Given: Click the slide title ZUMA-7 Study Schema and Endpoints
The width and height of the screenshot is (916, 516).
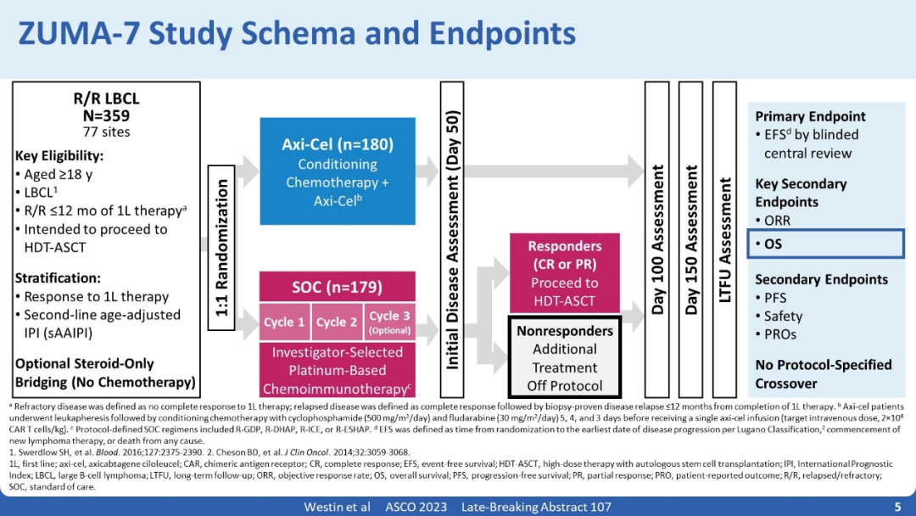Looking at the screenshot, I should coord(297,34).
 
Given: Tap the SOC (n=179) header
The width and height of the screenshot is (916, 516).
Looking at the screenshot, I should coord(337,287).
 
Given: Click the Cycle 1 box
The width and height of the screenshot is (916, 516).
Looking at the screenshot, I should coord(284,322).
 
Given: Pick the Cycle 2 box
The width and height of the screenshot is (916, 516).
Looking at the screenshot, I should coord(337,322).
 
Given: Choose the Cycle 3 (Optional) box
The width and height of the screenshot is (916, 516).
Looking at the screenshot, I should coord(389,322).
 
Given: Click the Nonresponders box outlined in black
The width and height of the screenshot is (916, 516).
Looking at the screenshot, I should coord(565,356).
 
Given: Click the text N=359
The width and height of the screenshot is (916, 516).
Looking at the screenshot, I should coord(107,115).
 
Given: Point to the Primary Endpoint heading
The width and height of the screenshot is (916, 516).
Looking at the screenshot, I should coord(810,116).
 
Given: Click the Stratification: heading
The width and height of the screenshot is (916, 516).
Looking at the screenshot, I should coord(58,278).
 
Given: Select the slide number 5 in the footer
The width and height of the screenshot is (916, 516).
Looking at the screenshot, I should coord(897,507).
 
